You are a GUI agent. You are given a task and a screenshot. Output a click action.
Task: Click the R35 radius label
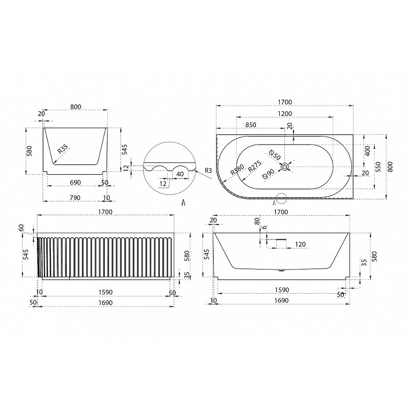tap(63, 149)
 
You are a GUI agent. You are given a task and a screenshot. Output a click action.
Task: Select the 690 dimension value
tap(75, 182)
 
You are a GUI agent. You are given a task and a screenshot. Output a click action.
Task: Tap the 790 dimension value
tap(75, 198)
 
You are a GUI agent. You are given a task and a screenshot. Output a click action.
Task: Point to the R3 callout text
tap(209, 171)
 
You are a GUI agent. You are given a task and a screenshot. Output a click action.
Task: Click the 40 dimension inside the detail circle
tap(180, 174)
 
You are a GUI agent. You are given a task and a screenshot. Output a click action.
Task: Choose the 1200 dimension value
tap(285, 113)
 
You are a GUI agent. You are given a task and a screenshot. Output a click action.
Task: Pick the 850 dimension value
tap(251, 125)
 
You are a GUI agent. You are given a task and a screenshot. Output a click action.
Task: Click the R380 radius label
tap(237, 170)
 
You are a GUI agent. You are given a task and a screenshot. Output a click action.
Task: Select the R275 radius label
tap(255, 166)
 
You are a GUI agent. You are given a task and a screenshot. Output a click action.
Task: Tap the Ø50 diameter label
tap(275, 155)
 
